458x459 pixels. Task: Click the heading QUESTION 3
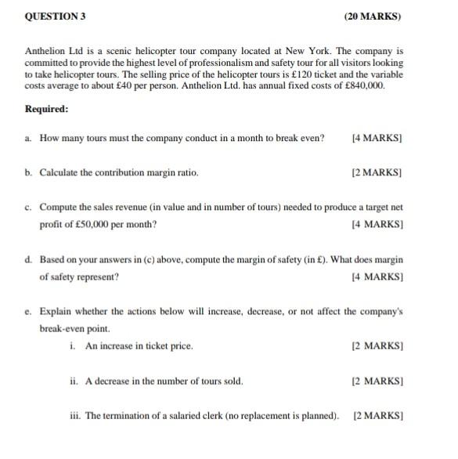point(55,16)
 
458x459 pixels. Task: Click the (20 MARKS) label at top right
point(373,16)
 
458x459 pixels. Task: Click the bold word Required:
point(47,109)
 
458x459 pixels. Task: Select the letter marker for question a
point(28,138)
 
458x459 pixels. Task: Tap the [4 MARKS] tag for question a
point(377,138)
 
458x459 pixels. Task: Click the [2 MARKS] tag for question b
point(377,172)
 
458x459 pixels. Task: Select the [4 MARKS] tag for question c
point(377,225)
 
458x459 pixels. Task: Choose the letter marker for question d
point(28,259)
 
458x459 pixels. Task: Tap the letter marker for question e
point(28,311)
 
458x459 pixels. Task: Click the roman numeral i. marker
point(73,345)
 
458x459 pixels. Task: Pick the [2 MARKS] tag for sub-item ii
point(377,381)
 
